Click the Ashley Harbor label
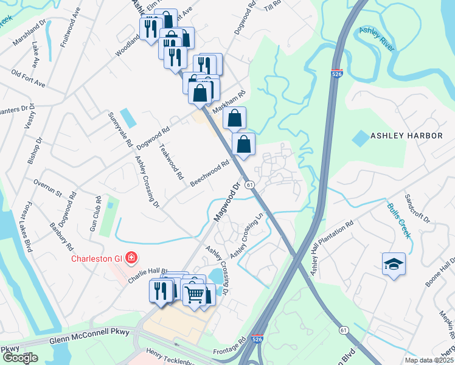pos(407,136)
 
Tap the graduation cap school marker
pos(394,265)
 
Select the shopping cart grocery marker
pos(195,294)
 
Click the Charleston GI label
pos(97,258)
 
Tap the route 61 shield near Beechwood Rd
pos(249,184)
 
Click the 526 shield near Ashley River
pos(337,74)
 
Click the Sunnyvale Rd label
pos(120,130)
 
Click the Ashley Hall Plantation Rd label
pos(332,248)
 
